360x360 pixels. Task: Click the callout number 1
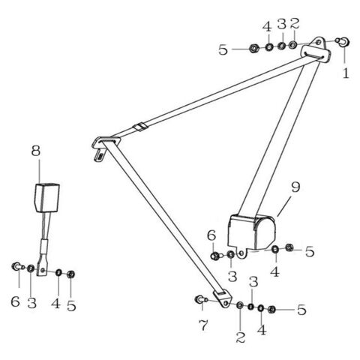pos(346,73)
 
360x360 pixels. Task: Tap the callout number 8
pos(36,151)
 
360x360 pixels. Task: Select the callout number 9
pos(295,187)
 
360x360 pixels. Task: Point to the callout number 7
pos(203,325)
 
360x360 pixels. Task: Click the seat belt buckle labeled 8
pos(46,198)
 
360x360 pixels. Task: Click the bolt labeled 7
pos(201,298)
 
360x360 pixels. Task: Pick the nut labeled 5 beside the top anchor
pos(254,48)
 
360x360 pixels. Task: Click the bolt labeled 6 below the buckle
pos(17,266)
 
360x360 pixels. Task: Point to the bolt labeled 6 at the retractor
pos(216,256)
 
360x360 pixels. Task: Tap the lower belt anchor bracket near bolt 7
pos(223,298)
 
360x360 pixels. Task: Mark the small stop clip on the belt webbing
pos(140,127)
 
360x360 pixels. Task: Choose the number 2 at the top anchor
pos(295,23)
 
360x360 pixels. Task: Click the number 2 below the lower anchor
pos(240,337)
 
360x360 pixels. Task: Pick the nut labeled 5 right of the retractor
pos(289,247)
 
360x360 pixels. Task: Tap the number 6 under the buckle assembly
pos(15,301)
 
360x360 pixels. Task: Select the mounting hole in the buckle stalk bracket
pos(43,270)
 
